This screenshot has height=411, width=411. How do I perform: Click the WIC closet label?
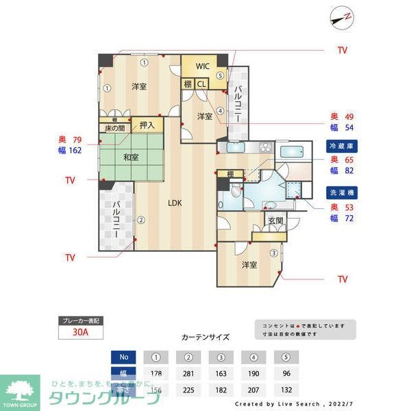point(202,66)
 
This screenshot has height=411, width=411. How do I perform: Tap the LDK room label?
point(175,202)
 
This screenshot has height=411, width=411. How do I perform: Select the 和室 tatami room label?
point(131,158)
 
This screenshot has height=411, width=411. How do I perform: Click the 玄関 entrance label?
point(275,221)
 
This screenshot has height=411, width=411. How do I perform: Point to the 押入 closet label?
point(147,125)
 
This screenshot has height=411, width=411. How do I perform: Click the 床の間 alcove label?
point(114,128)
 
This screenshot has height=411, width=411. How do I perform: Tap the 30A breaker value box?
point(80,334)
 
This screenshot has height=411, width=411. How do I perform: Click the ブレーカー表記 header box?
point(80,321)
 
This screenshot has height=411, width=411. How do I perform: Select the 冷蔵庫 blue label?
point(342,146)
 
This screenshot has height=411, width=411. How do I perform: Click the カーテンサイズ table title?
point(206,338)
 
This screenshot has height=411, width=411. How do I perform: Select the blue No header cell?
point(123,357)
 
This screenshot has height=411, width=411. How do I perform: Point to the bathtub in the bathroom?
point(295,152)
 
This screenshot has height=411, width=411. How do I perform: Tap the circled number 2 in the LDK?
point(140,220)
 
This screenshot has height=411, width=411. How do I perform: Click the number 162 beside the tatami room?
point(75,149)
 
